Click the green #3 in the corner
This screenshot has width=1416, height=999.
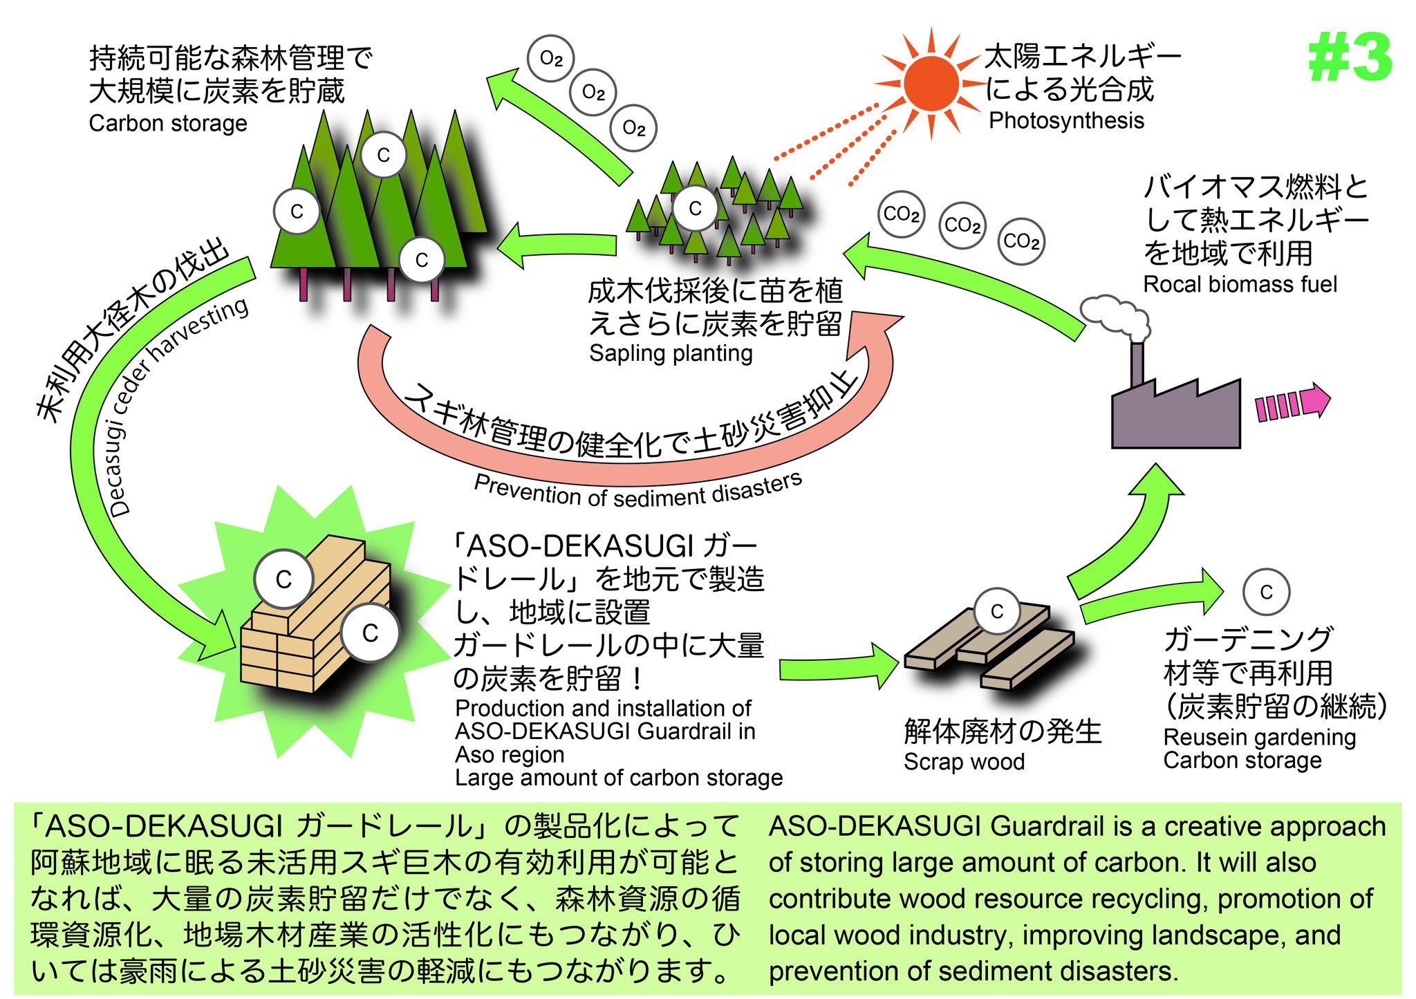click(x=1350, y=58)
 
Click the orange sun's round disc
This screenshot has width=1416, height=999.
click(x=931, y=83)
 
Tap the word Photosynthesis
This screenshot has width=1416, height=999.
click(x=1066, y=120)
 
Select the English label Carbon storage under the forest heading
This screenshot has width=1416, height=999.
click(x=168, y=123)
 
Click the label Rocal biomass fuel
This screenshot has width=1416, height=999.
click(x=1240, y=284)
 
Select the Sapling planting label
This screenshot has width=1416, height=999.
click(x=671, y=353)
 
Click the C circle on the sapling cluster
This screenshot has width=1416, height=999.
click(x=695, y=208)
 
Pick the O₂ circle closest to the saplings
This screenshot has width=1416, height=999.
click(x=633, y=128)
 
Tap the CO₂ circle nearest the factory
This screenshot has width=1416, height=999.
click(x=1021, y=241)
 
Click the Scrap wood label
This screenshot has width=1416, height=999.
click(x=964, y=762)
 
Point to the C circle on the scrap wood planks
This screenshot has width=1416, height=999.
click(x=996, y=611)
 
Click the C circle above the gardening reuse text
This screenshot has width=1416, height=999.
click(x=1266, y=592)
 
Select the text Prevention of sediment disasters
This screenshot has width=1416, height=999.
click(x=637, y=492)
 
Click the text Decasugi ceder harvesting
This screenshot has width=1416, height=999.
click(x=176, y=408)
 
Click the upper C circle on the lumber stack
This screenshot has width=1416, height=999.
click(x=283, y=579)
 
